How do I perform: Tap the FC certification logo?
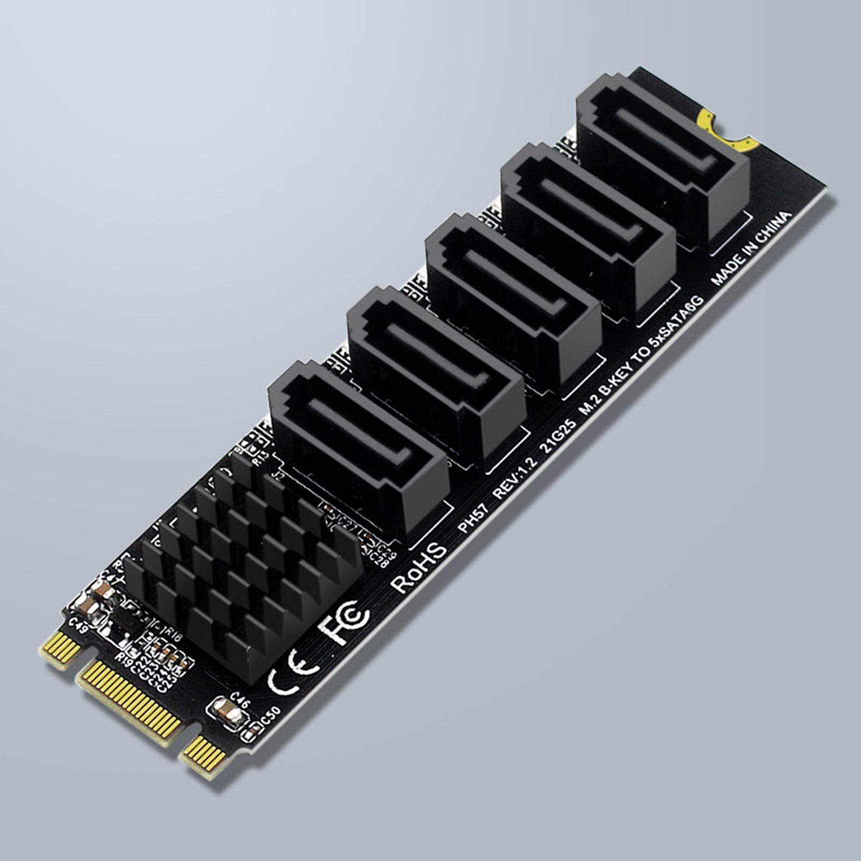click(x=343, y=622)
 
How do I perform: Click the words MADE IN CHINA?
click(x=751, y=249)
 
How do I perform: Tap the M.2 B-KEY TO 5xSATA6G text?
click(x=640, y=355)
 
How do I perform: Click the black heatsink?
click(x=242, y=565)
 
